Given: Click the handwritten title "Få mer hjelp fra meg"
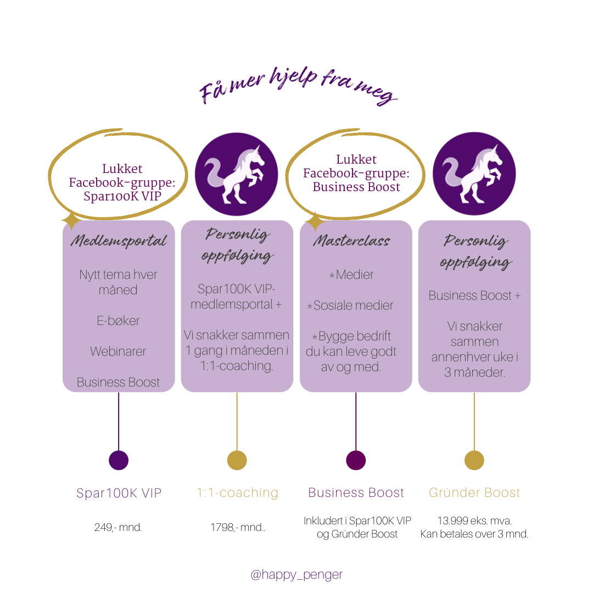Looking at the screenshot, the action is (x=298, y=87).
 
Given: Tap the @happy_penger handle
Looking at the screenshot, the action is (x=296, y=574).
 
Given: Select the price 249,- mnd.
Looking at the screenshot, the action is (x=118, y=528).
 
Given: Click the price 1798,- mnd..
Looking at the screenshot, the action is (x=237, y=528).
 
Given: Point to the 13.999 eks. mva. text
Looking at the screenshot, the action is (x=474, y=521).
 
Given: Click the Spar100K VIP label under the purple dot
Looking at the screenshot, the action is (x=119, y=493).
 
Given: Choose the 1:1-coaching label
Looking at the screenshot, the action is (x=237, y=493).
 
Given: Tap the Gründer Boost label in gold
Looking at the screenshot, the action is (x=474, y=493).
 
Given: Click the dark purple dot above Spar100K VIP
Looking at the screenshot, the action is (x=119, y=460).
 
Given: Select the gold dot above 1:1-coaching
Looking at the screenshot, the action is (x=237, y=460).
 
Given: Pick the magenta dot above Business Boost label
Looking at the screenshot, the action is (x=356, y=460).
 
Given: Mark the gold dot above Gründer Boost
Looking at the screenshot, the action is (x=474, y=460).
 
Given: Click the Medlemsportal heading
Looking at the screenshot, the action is (x=119, y=241).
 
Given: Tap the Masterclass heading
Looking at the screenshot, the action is (x=352, y=241).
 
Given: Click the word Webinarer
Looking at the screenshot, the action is (x=118, y=351).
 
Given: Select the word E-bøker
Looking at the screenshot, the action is (x=118, y=321).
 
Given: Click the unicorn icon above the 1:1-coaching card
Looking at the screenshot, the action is (x=237, y=174).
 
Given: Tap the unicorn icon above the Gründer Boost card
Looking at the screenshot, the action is (x=474, y=174).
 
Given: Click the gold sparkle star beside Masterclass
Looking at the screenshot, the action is (x=315, y=222).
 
